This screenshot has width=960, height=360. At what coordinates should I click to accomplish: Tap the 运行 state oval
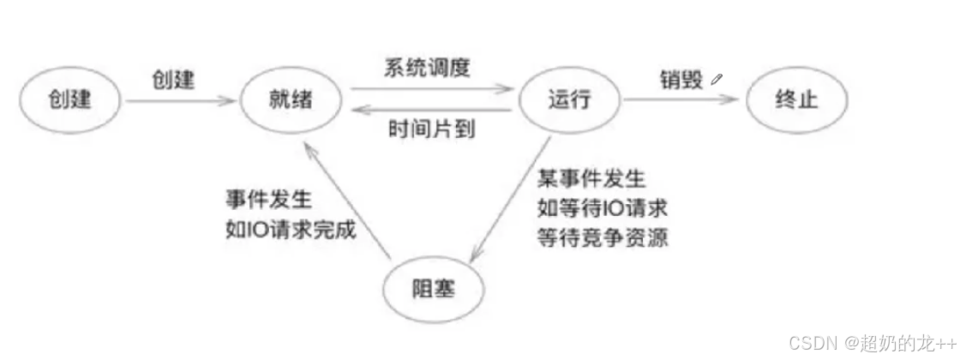coord(568,100)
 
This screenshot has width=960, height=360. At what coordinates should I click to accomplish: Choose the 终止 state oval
coord(795,100)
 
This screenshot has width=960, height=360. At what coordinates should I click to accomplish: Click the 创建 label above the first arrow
coord(174,80)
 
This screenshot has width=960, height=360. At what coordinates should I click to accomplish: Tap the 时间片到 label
coord(433,129)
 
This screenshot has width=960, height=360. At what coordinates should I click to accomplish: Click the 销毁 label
coord(682,80)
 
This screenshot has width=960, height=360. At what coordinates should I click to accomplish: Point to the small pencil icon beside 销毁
coord(717,79)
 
